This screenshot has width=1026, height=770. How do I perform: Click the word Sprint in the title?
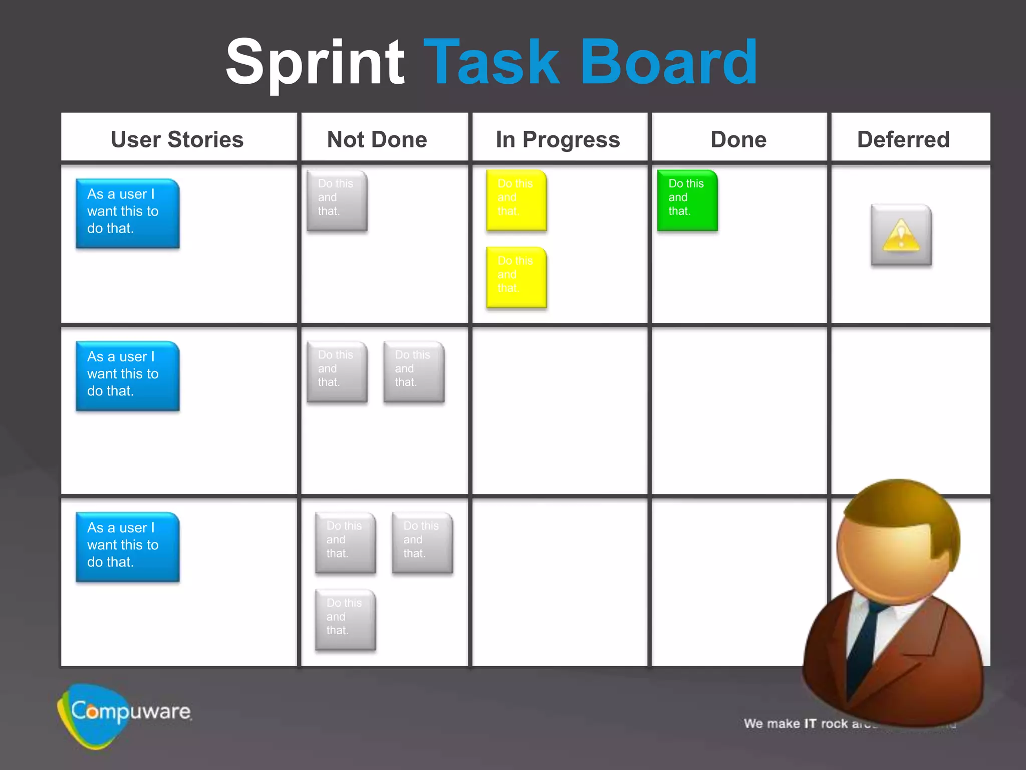(x=315, y=63)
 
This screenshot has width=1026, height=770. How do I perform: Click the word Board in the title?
(x=668, y=63)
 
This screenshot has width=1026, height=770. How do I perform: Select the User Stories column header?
(x=177, y=139)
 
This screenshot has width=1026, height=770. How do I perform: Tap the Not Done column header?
(x=377, y=139)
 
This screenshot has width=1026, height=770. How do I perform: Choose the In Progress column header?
(x=558, y=139)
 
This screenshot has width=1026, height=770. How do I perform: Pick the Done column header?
(x=738, y=139)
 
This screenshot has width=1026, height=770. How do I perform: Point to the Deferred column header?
(x=903, y=139)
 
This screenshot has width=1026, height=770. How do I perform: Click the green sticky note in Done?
(x=687, y=200)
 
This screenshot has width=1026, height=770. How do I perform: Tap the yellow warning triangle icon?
(x=901, y=234)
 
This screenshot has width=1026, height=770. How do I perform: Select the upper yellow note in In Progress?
(x=517, y=200)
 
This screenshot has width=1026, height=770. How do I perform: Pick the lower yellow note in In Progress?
(x=517, y=277)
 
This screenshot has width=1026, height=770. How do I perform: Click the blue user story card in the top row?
(x=127, y=213)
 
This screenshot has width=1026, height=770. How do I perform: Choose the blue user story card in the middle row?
(x=127, y=375)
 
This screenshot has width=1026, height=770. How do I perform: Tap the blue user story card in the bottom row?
(x=127, y=546)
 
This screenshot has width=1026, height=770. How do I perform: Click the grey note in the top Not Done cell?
(x=337, y=201)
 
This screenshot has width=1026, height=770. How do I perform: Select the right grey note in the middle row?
(x=414, y=371)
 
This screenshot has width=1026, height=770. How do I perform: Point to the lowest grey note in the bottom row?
(x=345, y=620)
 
